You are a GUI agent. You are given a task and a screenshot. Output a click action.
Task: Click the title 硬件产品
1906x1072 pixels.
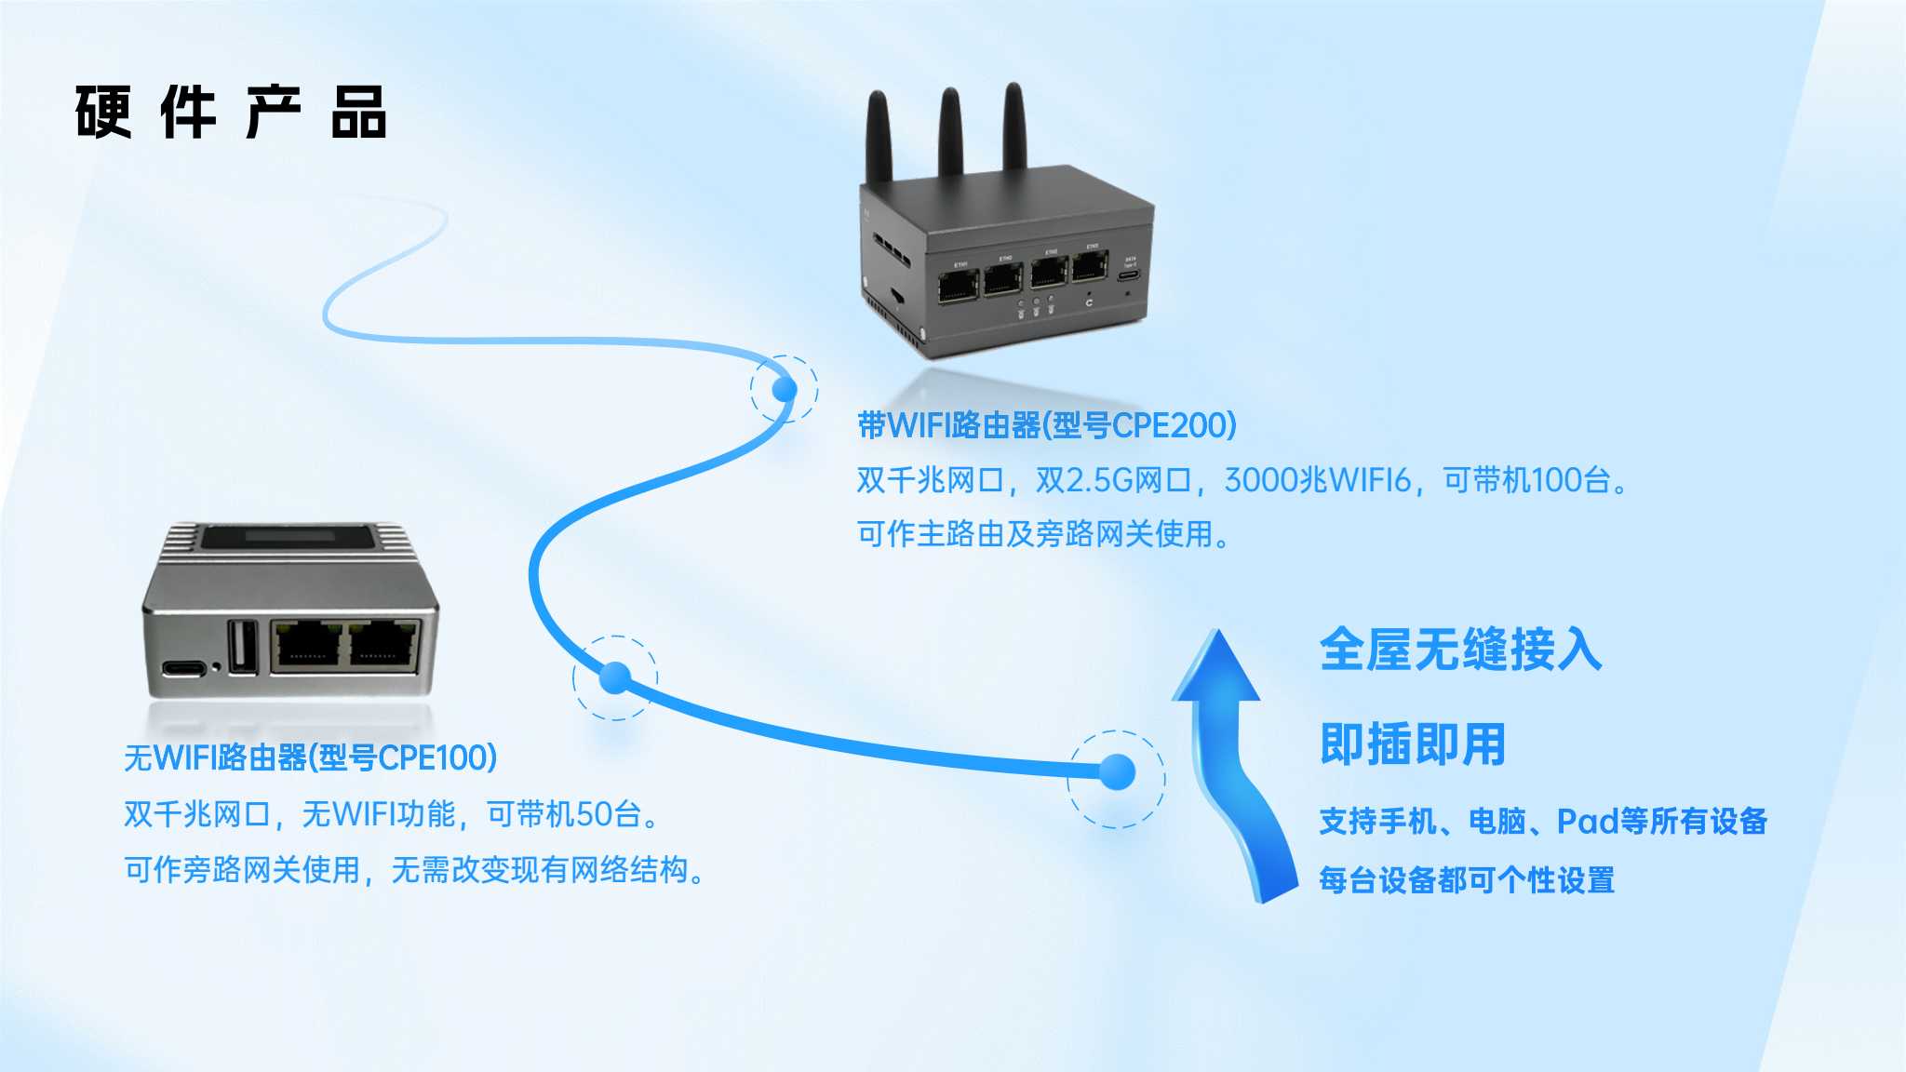[230, 113]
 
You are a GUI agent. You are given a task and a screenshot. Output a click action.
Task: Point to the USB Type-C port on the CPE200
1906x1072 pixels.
[1129, 276]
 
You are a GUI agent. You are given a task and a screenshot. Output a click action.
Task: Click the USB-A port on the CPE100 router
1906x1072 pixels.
[244, 644]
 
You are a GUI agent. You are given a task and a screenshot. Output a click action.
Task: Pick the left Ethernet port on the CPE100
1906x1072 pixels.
[306, 645]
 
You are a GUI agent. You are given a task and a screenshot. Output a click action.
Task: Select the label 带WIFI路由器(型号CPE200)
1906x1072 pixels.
[1046, 425]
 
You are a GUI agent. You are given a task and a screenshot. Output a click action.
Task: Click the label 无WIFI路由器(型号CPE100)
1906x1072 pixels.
[310, 757]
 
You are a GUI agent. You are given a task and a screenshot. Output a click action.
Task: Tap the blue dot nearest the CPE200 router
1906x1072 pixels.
[785, 389]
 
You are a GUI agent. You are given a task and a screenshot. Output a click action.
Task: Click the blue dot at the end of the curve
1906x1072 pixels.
[1117, 771]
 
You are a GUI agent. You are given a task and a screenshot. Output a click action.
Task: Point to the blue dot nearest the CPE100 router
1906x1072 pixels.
[615, 677]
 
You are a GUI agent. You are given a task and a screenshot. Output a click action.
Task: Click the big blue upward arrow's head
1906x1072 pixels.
[1215, 668]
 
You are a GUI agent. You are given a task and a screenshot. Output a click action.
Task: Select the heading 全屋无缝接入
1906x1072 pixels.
[1460, 650]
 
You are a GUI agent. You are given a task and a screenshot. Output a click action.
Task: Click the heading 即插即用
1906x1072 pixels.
[1412, 744]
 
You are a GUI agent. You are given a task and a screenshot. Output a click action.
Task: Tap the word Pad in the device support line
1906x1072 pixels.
[1587, 821]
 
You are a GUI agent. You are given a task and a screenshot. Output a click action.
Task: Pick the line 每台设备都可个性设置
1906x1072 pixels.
[1467, 879]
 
